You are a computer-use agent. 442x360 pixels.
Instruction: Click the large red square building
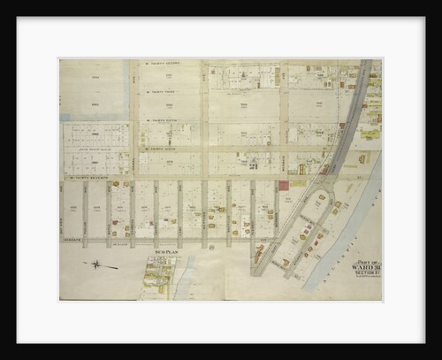(283, 187)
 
